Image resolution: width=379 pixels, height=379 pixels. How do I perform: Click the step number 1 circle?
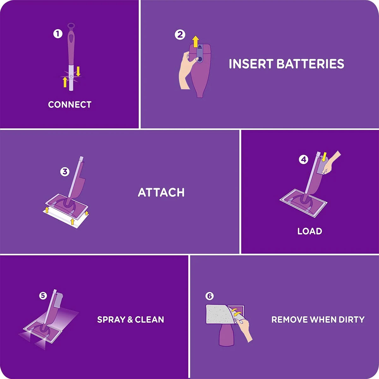tap(57, 33)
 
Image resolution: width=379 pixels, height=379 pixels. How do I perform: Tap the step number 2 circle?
tap(180, 34)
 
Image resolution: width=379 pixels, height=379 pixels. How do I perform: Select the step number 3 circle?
tap(65, 171)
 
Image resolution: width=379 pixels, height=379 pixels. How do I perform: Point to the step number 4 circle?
tap(303, 159)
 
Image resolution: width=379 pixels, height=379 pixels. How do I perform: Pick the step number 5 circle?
tap(43, 296)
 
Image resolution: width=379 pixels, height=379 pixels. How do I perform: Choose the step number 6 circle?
tap(209, 296)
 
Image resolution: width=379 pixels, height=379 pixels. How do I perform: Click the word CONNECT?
tap(69, 105)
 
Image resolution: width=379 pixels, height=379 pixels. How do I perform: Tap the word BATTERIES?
tap(310, 64)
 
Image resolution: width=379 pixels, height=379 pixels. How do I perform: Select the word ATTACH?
tap(161, 192)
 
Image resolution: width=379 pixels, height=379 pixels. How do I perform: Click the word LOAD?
tap(310, 231)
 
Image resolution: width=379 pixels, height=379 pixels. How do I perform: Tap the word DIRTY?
tap(352, 319)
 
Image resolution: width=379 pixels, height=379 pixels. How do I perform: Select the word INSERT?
tap(251, 64)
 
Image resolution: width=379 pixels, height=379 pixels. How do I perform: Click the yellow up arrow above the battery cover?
tap(196, 41)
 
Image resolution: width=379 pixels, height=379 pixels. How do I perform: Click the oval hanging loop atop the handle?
tap(71, 26)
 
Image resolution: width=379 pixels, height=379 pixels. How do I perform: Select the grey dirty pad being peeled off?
tap(218, 314)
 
